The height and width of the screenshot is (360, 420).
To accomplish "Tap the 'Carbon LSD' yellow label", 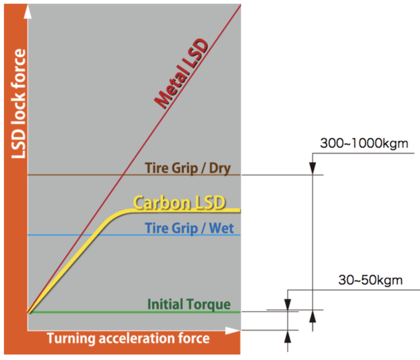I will point(180,203).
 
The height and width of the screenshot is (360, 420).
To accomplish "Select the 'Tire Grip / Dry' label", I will point(187,168).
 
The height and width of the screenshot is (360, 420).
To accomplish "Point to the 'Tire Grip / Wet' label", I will point(189,228).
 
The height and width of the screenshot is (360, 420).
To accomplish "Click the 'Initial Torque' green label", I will point(189,304).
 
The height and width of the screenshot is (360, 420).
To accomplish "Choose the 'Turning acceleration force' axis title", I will point(128,338).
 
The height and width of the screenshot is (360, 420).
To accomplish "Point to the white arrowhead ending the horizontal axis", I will point(233,330).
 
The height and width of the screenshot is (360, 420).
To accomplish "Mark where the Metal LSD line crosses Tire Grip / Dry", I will point(122,175).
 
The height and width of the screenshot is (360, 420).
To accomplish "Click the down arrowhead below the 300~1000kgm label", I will point(313,169).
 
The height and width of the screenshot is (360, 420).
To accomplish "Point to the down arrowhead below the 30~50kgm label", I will point(288,305).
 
